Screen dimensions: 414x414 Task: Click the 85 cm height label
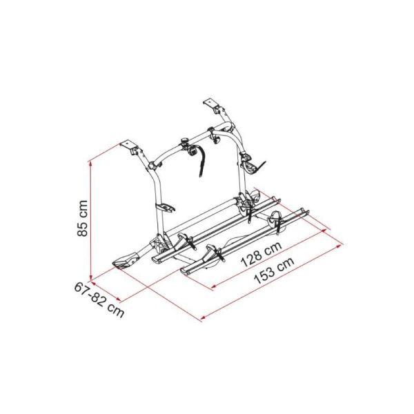[x=82, y=219]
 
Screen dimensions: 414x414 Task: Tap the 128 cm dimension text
[x=262, y=254]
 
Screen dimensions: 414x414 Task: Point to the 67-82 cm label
[x=99, y=299]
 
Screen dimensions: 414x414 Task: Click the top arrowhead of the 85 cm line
[x=90, y=164]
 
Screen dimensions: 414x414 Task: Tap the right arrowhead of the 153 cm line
[x=339, y=246]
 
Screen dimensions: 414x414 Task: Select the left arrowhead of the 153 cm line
[x=204, y=317]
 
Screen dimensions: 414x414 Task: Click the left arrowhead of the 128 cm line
[x=215, y=286]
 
